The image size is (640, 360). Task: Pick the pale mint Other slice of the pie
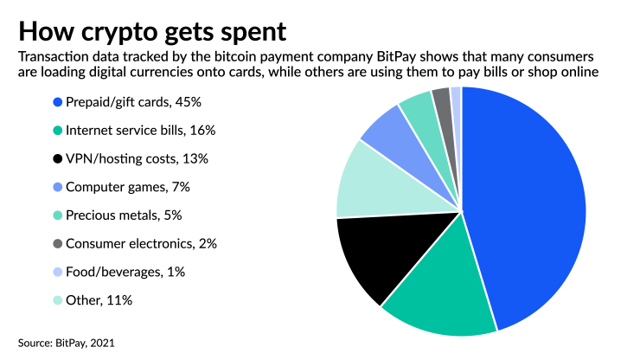tap(368, 182)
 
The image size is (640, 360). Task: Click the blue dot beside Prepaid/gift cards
tap(57, 102)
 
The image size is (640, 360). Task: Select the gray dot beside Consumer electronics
tap(57, 243)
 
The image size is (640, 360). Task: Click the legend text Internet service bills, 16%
tap(140, 131)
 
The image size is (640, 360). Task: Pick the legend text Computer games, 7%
tap(126, 187)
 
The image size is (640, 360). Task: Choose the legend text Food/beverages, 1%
tap(125, 272)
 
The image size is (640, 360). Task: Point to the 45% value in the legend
tap(189, 102)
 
